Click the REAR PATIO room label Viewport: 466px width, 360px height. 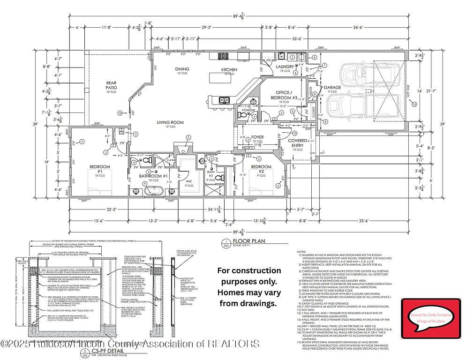pyautogui.click(x=111, y=84)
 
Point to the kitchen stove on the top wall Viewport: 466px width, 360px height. pyautogui.click(x=223, y=56)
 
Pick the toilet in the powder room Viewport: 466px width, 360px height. pyautogui.click(x=243, y=115)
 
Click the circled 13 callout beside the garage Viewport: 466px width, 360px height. pyautogui.click(x=414, y=105)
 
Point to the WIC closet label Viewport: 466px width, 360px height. pyautogui.click(x=190, y=180)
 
